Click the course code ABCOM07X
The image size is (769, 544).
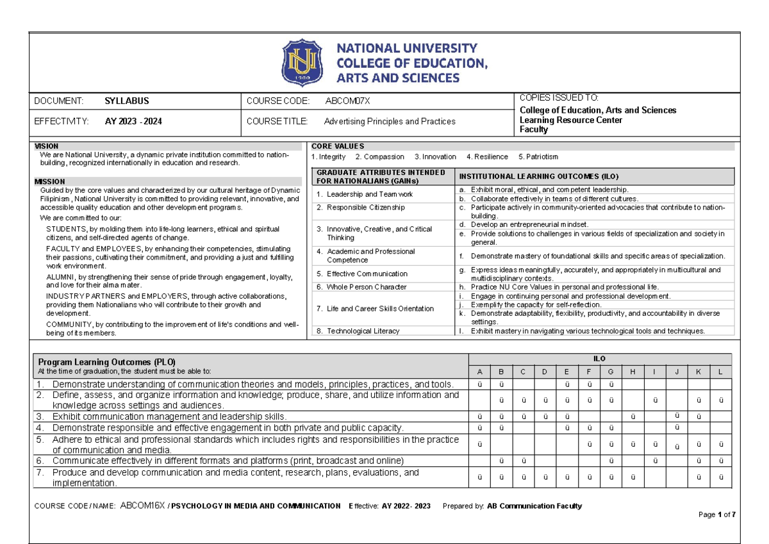coord(347,101)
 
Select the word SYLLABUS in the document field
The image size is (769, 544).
coord(127,101)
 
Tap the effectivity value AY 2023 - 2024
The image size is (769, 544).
coord(134,121)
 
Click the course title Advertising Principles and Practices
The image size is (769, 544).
coord(390,121)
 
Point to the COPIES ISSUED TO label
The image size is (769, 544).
coord(558,97)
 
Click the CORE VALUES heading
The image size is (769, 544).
coord(337,146)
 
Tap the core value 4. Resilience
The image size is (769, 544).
coord(487,156)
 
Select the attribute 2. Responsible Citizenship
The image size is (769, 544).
coord(360,208)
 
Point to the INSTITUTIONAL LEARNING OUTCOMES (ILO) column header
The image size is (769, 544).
coord(537,176)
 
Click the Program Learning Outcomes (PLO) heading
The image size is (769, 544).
coord(107,361)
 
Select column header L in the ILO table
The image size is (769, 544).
coord(721,372)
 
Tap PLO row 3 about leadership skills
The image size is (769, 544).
coord(169,416)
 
